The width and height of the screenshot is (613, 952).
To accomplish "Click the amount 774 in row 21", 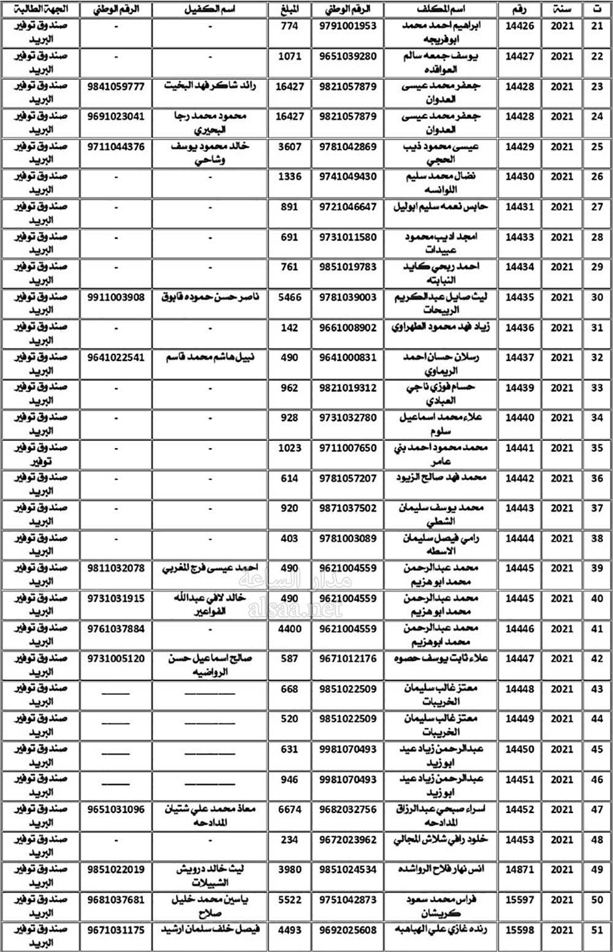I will tap(289, 26).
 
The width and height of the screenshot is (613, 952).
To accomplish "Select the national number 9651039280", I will tap(348, 56).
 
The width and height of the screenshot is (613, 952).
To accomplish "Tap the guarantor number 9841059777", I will tap(116, 86).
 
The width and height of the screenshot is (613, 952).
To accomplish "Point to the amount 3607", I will tap(289, 147).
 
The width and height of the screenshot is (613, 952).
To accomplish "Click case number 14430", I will tap(519, 177).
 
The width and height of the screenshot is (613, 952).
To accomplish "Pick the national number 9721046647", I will tap(348, 207).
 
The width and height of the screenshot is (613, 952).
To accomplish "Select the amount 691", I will tap(289, 237).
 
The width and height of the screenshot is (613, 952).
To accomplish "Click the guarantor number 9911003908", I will tap(116, 297).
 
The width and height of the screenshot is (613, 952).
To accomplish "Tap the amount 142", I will tap(289, 328).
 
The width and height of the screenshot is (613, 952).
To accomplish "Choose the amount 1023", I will tap(289, 448).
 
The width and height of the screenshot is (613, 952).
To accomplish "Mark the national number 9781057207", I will tap(348, 478).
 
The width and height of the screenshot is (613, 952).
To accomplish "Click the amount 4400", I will tap(289, 629).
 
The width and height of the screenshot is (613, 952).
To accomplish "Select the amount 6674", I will tap(289, 809).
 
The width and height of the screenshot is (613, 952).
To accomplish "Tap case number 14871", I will tap(519, 869).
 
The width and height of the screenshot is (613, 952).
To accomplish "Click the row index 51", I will tap(597, 930).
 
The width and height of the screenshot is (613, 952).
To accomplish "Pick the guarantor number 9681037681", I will tap(116, 899).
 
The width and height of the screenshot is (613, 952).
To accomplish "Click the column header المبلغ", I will tap(289, 10).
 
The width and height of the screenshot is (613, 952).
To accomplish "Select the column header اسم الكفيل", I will tap(210, 10).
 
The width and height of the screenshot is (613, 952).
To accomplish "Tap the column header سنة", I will tap(562, 10).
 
